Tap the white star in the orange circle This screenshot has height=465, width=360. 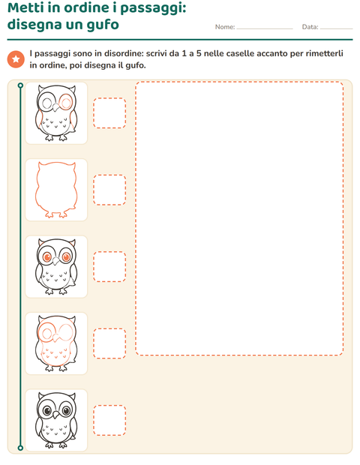(x=16, y=59)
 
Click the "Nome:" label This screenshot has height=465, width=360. (x=225, y=27)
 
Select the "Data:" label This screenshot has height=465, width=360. (x=310, y=27)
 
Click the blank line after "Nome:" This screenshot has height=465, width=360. (x=265, y=28)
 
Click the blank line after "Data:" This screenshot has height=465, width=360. (x=337, y=28)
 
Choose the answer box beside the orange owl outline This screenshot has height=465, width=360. (x=109, y=190)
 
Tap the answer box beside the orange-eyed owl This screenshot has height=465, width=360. (x=109, y=266)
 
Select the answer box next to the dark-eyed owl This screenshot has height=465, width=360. (x=109, y=420)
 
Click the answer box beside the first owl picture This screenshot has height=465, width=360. (x=109, y=113)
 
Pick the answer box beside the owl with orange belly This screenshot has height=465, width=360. (x=109, y=343)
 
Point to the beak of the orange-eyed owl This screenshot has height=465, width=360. (x=56, y=261)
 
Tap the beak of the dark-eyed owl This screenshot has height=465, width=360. (x=56, y=415)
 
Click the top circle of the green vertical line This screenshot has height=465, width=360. (x=20, y=85)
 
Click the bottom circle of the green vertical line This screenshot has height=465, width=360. (x=20, y=448)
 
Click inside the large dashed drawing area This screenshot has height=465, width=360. (x=239, y=218)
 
